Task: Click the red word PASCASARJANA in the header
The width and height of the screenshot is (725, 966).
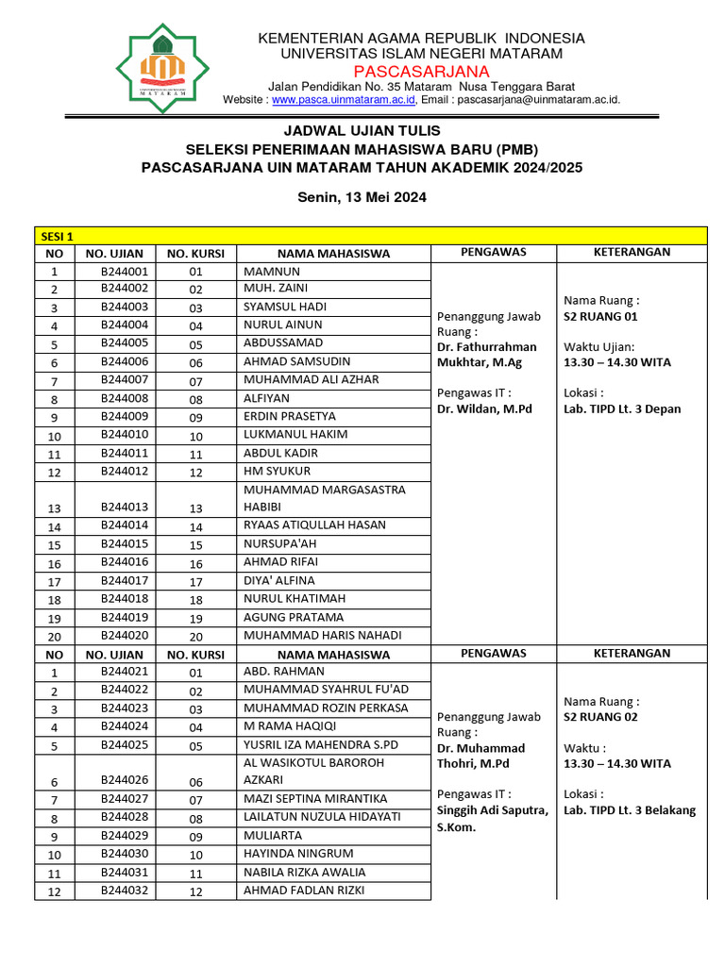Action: click(422, 72)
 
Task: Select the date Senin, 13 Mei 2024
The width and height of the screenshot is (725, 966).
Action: click(362, 197)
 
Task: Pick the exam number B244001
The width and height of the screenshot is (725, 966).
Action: click(125, 271)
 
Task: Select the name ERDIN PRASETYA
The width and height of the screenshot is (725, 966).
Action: click(289, 416)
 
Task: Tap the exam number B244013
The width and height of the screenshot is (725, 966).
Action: click(125, 508)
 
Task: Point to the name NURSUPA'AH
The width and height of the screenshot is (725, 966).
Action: click(280, 544)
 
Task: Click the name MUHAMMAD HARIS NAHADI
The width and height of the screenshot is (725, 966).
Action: click(322, 635)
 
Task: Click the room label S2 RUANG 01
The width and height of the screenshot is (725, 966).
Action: click(600, 316)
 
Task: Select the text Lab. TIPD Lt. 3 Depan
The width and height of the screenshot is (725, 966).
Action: click(621, 408)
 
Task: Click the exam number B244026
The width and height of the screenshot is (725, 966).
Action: click(125, 781)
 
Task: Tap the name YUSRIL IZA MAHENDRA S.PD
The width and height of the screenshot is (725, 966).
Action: click(321, 744)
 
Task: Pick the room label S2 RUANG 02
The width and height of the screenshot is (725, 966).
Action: click(600, 717)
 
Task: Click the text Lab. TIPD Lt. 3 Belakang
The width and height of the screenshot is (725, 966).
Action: click(629, 809)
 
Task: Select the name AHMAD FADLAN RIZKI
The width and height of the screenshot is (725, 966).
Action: click(304, 891)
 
